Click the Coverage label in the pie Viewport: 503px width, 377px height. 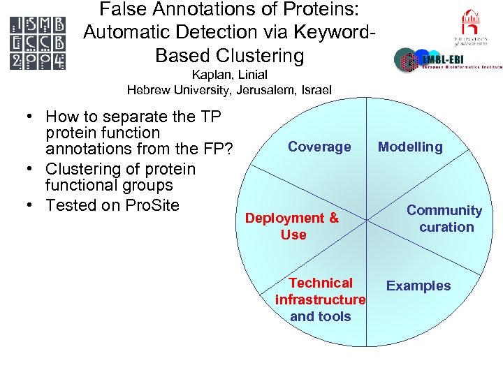point(319,147)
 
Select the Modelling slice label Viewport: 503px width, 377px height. point(410,147)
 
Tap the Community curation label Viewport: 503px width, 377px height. point(444,219)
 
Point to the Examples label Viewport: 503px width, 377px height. point(418,286)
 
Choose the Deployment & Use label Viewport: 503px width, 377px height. point(292,226)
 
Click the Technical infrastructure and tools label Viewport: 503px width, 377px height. point(321,300)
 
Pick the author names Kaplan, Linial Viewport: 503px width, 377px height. point(229,75)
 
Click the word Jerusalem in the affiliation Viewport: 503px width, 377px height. point(262,89)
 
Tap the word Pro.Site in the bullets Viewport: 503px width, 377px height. point(152,205)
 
